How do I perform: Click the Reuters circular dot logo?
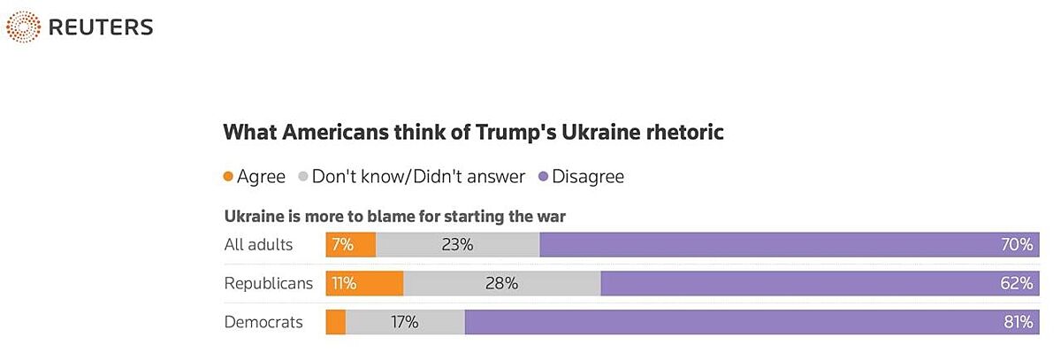click(22, 27)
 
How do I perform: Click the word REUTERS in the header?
click(101, 27)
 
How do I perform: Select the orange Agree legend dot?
click(229, 177)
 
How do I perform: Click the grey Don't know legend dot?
click(303, 177)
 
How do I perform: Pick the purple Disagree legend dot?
click(544, 177)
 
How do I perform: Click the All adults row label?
click(259, 245)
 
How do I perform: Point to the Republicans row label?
click(269, 283)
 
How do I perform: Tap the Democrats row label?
click(263, 322)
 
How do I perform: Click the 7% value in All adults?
click(343, 245)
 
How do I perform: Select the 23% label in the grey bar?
click(457, 245)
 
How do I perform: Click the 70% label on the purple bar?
click(1018, 245)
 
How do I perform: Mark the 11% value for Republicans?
click(343, 283)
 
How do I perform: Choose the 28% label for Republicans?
click(501, 283)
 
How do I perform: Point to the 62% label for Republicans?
click(1018, 283)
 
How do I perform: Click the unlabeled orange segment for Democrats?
click(336, 322)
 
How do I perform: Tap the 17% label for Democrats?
click(404, 322)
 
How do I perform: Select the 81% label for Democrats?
click(1018, 322)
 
